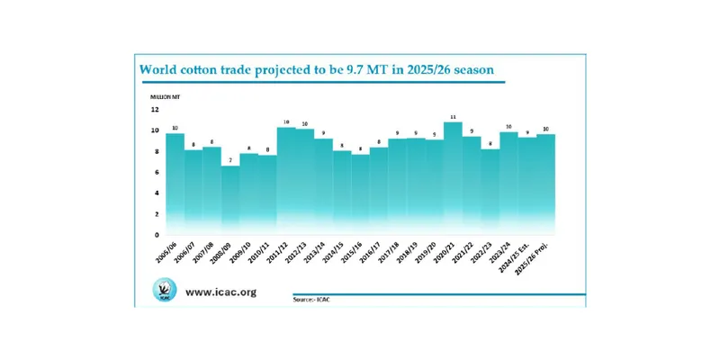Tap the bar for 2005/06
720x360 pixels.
175,184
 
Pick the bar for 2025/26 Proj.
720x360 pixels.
564,184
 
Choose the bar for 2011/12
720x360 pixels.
286,180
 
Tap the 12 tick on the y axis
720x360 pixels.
155,110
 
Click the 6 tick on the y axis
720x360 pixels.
156,172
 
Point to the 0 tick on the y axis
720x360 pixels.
156,234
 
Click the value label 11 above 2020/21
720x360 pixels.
453,116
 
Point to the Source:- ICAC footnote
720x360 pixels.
311,299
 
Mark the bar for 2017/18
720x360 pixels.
397,185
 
